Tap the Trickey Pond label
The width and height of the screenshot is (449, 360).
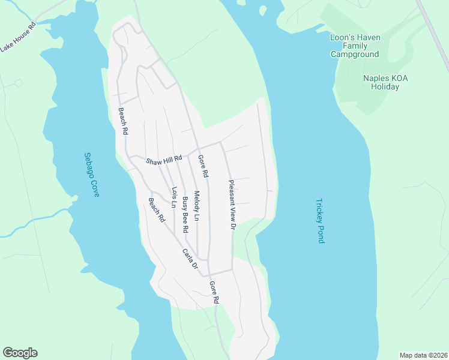pos(320,221)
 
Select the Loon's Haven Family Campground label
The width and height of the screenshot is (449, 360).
pos(355,46)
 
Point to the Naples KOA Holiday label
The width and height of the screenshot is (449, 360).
pos(381,82)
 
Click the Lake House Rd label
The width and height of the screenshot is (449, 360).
pos(18,38)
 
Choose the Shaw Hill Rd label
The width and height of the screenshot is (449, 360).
pos(164,161)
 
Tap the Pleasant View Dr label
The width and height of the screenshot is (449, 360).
pos(232,204)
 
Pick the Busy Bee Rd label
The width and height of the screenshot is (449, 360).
pos(185,214)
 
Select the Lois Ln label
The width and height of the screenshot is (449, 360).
pos(174,197)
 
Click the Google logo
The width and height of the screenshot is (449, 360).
pos(20,353)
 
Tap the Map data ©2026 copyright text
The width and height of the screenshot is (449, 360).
pos(423,355)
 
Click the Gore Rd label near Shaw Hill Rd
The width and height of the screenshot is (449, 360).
pos(203,166)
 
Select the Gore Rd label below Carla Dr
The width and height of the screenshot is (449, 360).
pos(214,291)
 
